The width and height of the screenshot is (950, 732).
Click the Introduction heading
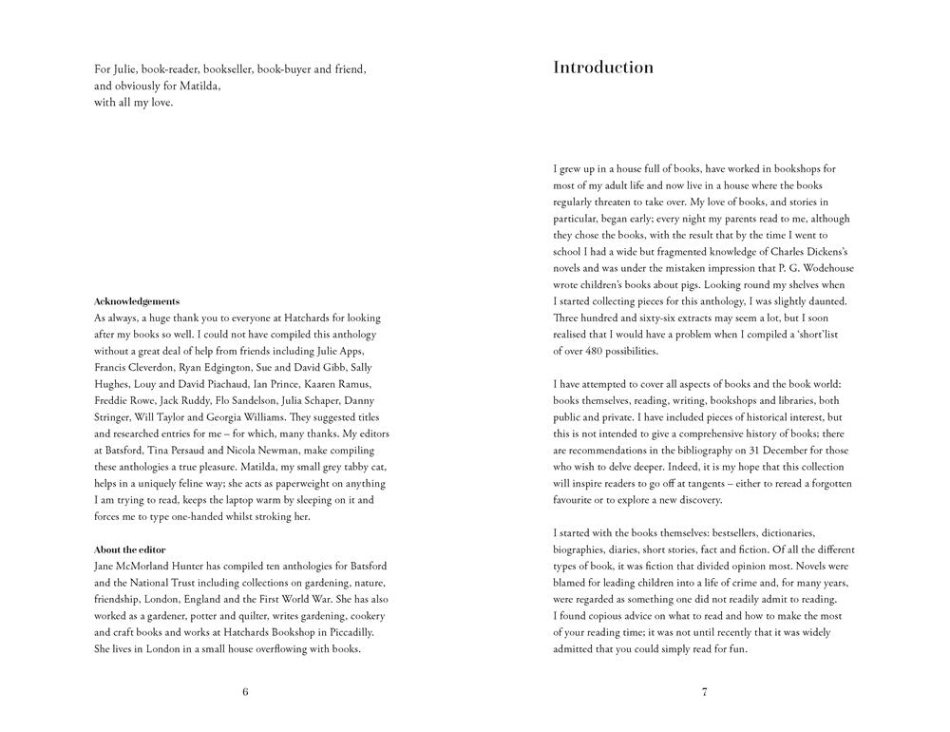[603, 67]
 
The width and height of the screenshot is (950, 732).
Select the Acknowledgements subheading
[137, 301]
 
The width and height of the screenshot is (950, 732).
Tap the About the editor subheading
[130, 549]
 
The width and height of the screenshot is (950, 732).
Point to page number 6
[245, 691]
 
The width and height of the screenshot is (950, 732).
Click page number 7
[704, 691]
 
